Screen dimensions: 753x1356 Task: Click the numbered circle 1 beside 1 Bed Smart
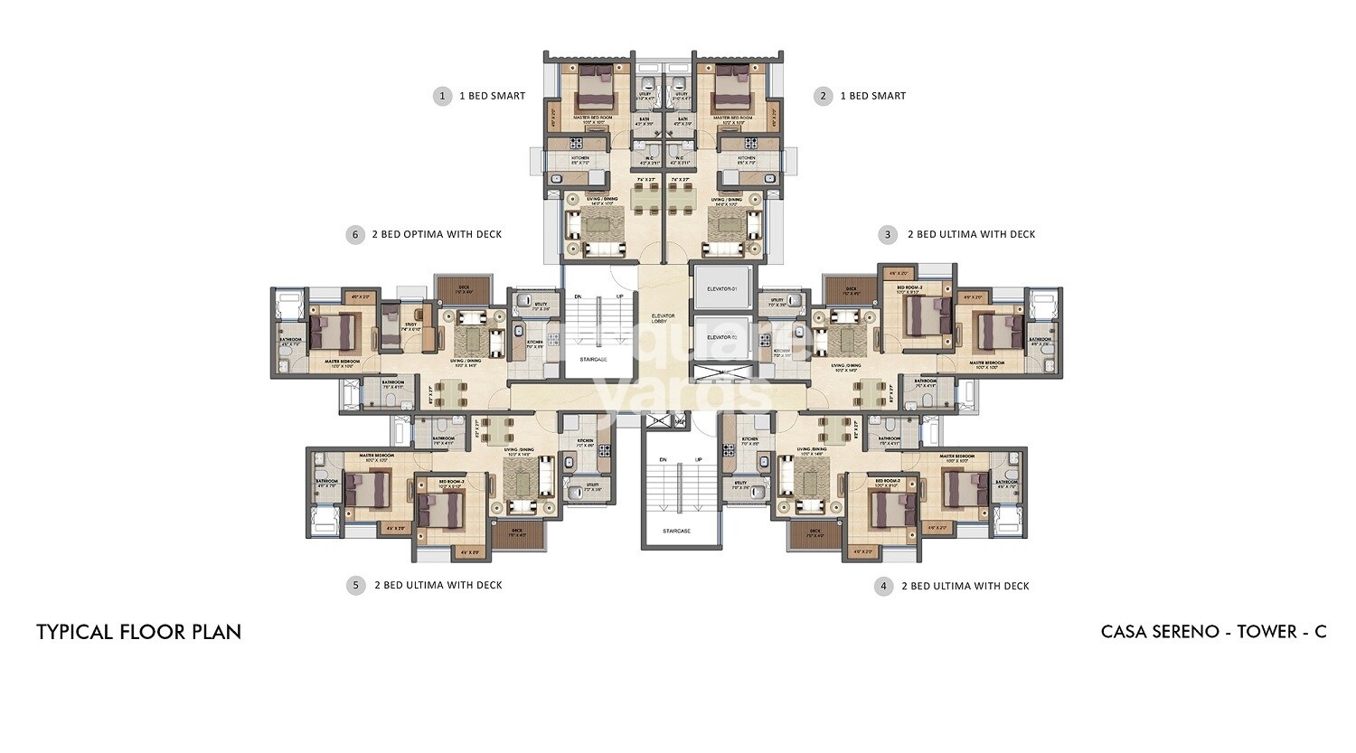pyautogui.click(x=442, y=96)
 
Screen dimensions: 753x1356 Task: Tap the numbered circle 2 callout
pyautogui.click(x=822, y=96)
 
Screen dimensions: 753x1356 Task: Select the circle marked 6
pyautogui.click(x=355, y=235)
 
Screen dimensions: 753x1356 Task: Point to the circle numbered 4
pyautogui.click(x=884, y=587)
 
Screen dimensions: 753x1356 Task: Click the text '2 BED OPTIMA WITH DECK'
pyautogui.click(x=437, y=235)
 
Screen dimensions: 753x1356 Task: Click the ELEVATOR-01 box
pyautogui.click(x=721, y=288)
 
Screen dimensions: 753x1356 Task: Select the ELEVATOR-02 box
pyautogui.click(x=721, y=338)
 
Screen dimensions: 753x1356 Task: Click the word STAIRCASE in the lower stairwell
pyautogui.click(x=676, y=531)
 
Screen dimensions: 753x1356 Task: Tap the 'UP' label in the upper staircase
pyautogui.click(x=619, y=296)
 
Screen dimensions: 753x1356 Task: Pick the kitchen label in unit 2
pyautogui.click(x=746, y=158)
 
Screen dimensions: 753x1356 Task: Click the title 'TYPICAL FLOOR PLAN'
pyautogui.click(x=139, y=632)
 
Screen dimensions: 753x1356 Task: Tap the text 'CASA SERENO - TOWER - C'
pyautogui.click(x=1213, y=632)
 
